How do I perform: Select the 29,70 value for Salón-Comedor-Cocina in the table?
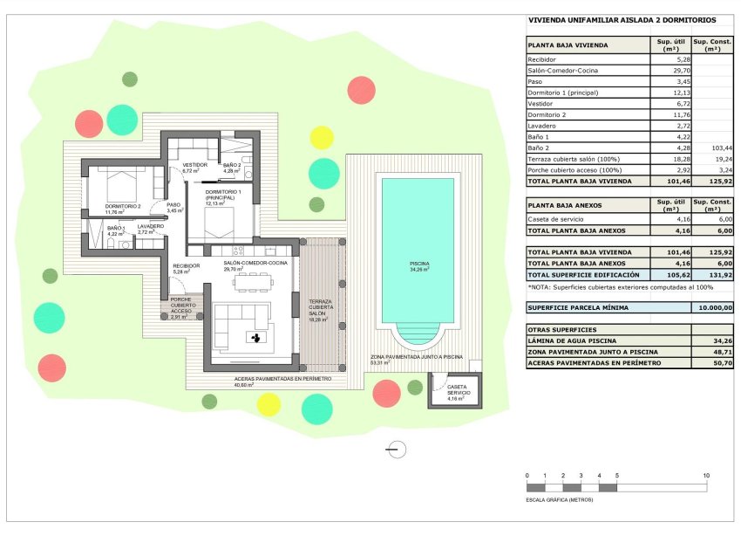671,70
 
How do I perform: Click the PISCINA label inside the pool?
417,263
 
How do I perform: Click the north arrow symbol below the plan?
395,449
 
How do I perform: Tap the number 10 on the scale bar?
706,475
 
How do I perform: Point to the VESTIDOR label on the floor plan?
194,165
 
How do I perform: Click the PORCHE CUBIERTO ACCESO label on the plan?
182,306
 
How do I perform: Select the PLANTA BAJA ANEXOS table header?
565,205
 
